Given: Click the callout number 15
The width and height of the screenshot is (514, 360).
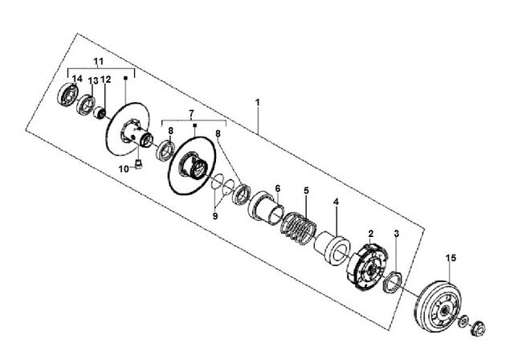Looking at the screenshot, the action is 451,258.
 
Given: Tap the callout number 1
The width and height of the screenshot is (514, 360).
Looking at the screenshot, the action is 258,102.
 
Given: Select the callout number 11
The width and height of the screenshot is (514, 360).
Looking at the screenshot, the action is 98,61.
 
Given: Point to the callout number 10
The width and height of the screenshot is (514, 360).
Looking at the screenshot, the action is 124,170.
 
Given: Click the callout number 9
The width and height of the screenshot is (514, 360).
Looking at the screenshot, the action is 215,216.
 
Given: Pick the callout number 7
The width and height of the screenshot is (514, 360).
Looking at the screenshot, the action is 191,113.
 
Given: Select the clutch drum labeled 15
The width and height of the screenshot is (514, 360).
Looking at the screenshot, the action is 438,306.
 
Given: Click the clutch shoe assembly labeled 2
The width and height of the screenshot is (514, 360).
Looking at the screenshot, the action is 368,268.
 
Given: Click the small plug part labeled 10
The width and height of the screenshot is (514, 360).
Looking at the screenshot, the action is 139,163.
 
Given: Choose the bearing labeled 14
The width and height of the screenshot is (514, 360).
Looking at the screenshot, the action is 67,95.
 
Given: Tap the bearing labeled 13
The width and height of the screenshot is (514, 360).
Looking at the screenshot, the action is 86,105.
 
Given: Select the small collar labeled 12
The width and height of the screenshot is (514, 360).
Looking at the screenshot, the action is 99,113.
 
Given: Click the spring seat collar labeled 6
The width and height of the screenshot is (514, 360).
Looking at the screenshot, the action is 265,207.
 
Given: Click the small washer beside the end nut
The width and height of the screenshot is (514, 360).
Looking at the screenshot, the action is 463,320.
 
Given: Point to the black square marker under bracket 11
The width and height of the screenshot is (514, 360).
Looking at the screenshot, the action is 125,78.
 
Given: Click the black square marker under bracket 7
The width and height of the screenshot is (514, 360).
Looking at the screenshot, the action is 194,125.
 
